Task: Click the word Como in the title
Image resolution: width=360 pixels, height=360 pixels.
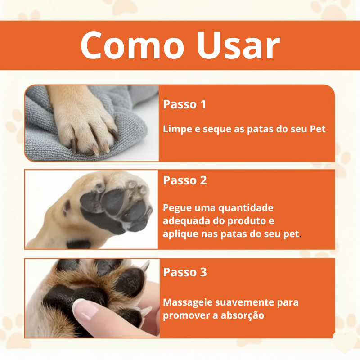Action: click(132, 45)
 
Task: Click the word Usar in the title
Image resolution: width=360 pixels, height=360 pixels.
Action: click(238, 45)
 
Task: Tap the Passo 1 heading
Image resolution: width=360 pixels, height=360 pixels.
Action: click(184, 104)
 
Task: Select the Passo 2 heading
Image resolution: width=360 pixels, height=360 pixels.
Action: click(185, 180)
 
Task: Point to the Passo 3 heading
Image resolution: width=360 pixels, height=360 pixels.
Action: click(185, 272)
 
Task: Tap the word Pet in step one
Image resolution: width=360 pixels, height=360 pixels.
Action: click(318, 129)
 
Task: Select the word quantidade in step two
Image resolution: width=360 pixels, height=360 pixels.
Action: click(246, 208)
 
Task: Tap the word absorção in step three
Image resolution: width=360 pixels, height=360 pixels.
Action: click(242, 315)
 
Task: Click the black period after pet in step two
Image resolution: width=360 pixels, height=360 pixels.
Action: click(300, 237)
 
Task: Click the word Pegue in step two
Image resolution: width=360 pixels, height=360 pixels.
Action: click(177, 208)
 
